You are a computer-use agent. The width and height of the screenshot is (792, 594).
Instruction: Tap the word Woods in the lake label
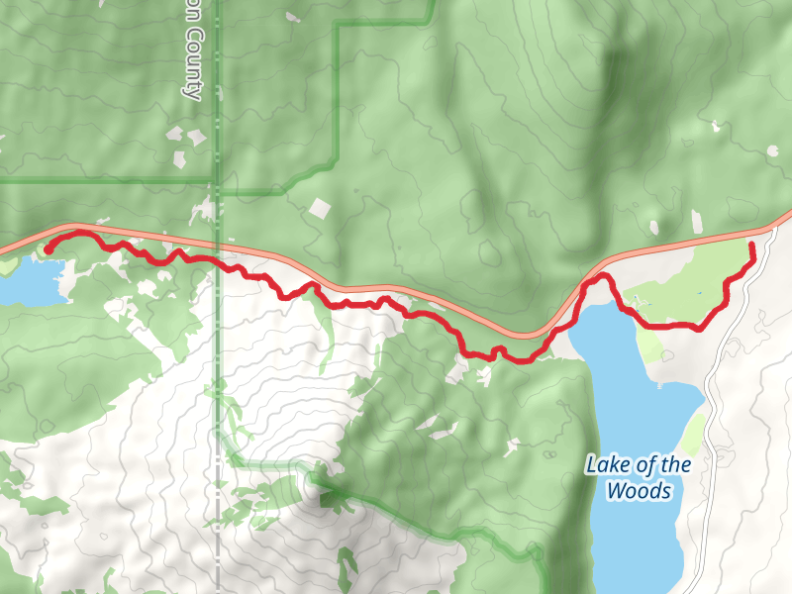(x=639, y=491)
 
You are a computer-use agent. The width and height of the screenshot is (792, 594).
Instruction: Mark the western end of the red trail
(x=48, y=249)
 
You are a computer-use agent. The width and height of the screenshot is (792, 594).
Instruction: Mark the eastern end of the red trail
(x=751, y=245)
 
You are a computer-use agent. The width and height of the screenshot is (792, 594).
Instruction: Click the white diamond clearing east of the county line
(x=320, y=209)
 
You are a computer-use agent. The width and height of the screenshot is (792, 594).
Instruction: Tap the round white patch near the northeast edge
(x=772, y=150)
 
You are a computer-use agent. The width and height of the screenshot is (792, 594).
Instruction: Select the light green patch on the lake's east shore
(x=694, y=432)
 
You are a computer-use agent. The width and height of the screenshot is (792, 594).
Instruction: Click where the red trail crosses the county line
(x=217, y=260)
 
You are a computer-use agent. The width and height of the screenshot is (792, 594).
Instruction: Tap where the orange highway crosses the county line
(x=217, y=245)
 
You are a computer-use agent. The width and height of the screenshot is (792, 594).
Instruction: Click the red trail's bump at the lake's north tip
(x=598, y=281)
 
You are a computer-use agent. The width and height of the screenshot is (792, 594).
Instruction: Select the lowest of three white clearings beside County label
(x=180, y=159)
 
